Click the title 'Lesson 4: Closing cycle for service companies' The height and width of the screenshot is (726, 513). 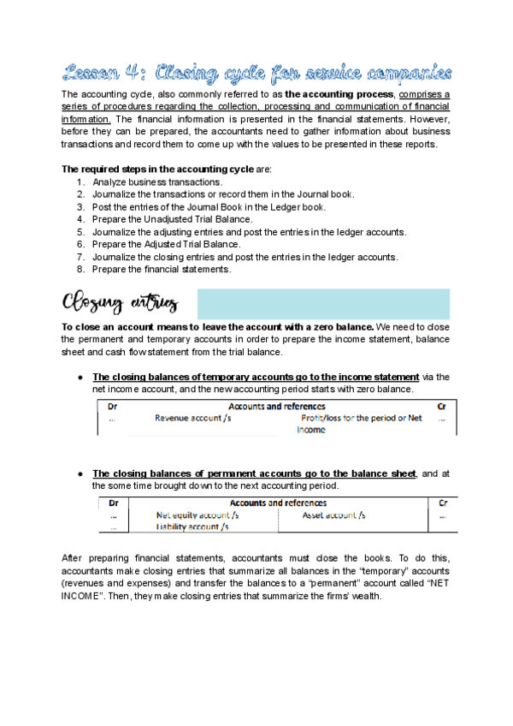(256, 72)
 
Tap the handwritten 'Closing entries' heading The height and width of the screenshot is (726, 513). (120, 303)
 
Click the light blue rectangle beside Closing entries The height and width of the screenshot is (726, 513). (323, 304)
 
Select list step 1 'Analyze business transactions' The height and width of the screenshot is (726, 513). (157, 182)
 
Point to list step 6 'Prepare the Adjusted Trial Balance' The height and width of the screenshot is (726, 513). (167, 244)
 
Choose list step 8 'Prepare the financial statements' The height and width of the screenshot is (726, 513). (162, 269)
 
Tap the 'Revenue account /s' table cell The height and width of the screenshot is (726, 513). (192, 419)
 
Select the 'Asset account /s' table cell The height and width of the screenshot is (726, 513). (333, 515)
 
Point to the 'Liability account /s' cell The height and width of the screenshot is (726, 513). (192, 527)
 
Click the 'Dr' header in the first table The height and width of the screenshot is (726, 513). (113, 407)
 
